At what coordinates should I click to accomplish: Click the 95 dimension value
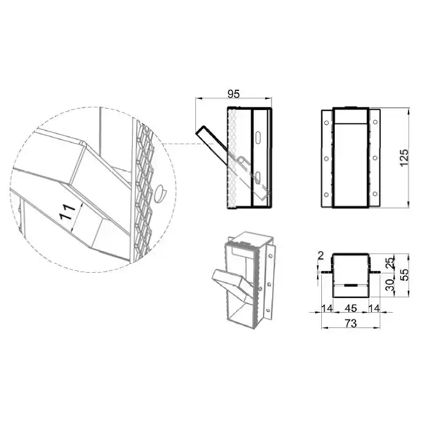point(233,94)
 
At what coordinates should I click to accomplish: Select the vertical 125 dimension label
point(404,158)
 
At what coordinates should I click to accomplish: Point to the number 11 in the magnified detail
point(68,212)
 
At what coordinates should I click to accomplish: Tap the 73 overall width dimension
point(351,323)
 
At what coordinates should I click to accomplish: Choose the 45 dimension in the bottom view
point(351,308)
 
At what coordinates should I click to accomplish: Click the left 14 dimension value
point(327,308)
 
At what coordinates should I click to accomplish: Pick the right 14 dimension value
point(374,308)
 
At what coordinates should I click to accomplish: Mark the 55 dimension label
point(404,275)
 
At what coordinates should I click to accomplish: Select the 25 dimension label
point(389,262)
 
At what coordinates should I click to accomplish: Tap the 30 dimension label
point(389,285)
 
